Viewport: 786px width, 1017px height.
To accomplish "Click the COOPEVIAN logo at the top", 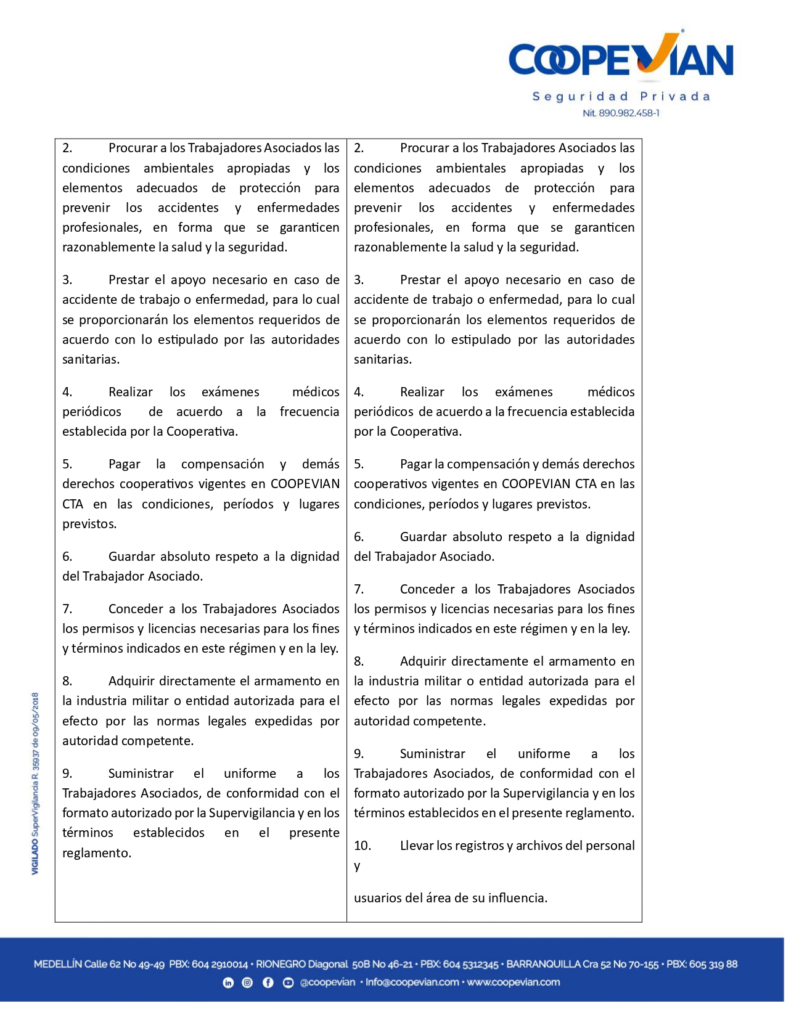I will [x=621, y=59].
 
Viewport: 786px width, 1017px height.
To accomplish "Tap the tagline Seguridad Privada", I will [x=621, y=97].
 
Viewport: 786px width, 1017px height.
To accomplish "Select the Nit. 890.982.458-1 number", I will [x=621, y=113].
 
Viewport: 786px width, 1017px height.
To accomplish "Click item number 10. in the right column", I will [x=362, y=846].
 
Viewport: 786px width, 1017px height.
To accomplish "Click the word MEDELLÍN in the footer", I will [x=57, y=965].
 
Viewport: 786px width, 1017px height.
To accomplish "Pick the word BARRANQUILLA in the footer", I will [x=543, y=965].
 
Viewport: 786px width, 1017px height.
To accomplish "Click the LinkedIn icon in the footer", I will [x=228, y=983].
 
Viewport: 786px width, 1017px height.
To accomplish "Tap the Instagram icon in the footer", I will [x=247, y=983].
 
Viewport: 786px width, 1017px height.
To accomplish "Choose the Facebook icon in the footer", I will [x=268, y=983].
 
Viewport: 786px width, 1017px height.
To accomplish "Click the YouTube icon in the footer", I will [x=288, y=983].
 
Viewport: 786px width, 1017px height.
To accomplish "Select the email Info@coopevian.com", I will [x=412, y=983].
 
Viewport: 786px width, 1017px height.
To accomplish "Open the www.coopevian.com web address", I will [x=514, y=983].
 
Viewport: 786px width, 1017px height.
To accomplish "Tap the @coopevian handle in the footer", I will [x=327, y=983].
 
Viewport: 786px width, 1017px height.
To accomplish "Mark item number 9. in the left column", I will [x=67, y=774].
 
